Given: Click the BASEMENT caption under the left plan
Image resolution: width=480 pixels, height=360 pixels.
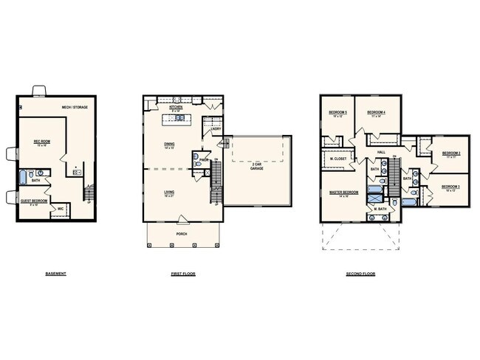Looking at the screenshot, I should [56, 274].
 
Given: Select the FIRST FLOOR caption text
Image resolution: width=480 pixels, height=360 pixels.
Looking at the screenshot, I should [184, 274].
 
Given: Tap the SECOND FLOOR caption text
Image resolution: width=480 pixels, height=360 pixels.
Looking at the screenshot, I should [360, 274].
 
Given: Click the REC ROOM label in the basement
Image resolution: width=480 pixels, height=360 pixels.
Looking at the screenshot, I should [41, 141].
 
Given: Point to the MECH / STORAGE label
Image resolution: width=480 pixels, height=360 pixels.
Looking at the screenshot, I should [75, 108].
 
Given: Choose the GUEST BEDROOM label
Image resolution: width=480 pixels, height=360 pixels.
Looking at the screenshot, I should [35, 201].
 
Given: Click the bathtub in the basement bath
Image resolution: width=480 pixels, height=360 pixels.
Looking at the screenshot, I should [23, 177].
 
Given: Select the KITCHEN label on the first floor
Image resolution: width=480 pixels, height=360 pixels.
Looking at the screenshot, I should [176, 108].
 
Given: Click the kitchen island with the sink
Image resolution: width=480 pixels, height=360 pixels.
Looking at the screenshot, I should [180, 120].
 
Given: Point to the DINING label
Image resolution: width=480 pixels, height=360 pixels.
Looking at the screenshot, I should [170, 145].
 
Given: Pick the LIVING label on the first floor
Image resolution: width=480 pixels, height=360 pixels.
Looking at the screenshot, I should [170, 193].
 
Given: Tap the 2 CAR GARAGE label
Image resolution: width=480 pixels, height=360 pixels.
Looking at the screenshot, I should [257, 167].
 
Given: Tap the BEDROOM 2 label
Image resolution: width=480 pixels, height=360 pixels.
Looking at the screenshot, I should [451, 153].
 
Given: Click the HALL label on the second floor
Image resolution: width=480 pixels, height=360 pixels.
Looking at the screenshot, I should [381, 153].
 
